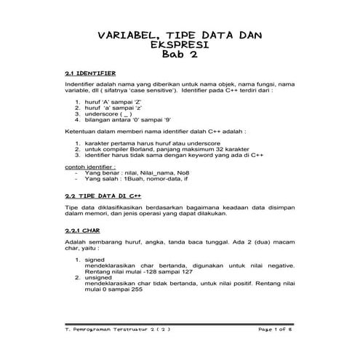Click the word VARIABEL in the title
(x=127, y=35)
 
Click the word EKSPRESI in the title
(x=180, y=44)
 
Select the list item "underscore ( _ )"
(x=109, y=114)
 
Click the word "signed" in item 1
(x=95, y=259)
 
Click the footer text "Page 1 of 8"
(x=277, y=329)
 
